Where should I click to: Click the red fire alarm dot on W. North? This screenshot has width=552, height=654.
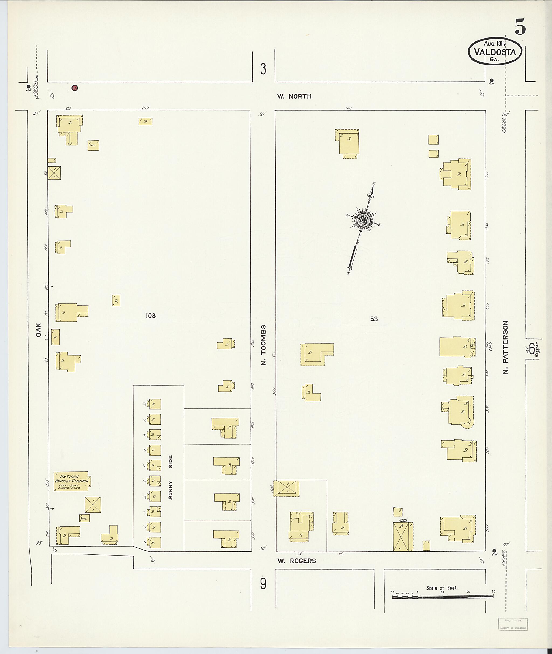pyautogui.click(x=74, y=88)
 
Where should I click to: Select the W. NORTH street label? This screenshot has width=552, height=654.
pyautogui.click(x=294, y=97)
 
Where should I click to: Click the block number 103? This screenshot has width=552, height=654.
pyautogui.click(x=150, y=316)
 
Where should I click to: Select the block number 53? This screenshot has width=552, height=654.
pyautogui.click(x=374, y=319)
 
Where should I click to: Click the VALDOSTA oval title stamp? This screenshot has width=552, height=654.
pyautogui.click(x=495, y=52)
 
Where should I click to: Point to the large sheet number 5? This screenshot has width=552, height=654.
pyautogui.click(x=519, y=27)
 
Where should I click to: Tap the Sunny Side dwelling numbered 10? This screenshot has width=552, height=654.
pyautogui.click(x=155, y=404)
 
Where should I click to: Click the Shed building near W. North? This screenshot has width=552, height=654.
pyautogui.click(x=93, y=145)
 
